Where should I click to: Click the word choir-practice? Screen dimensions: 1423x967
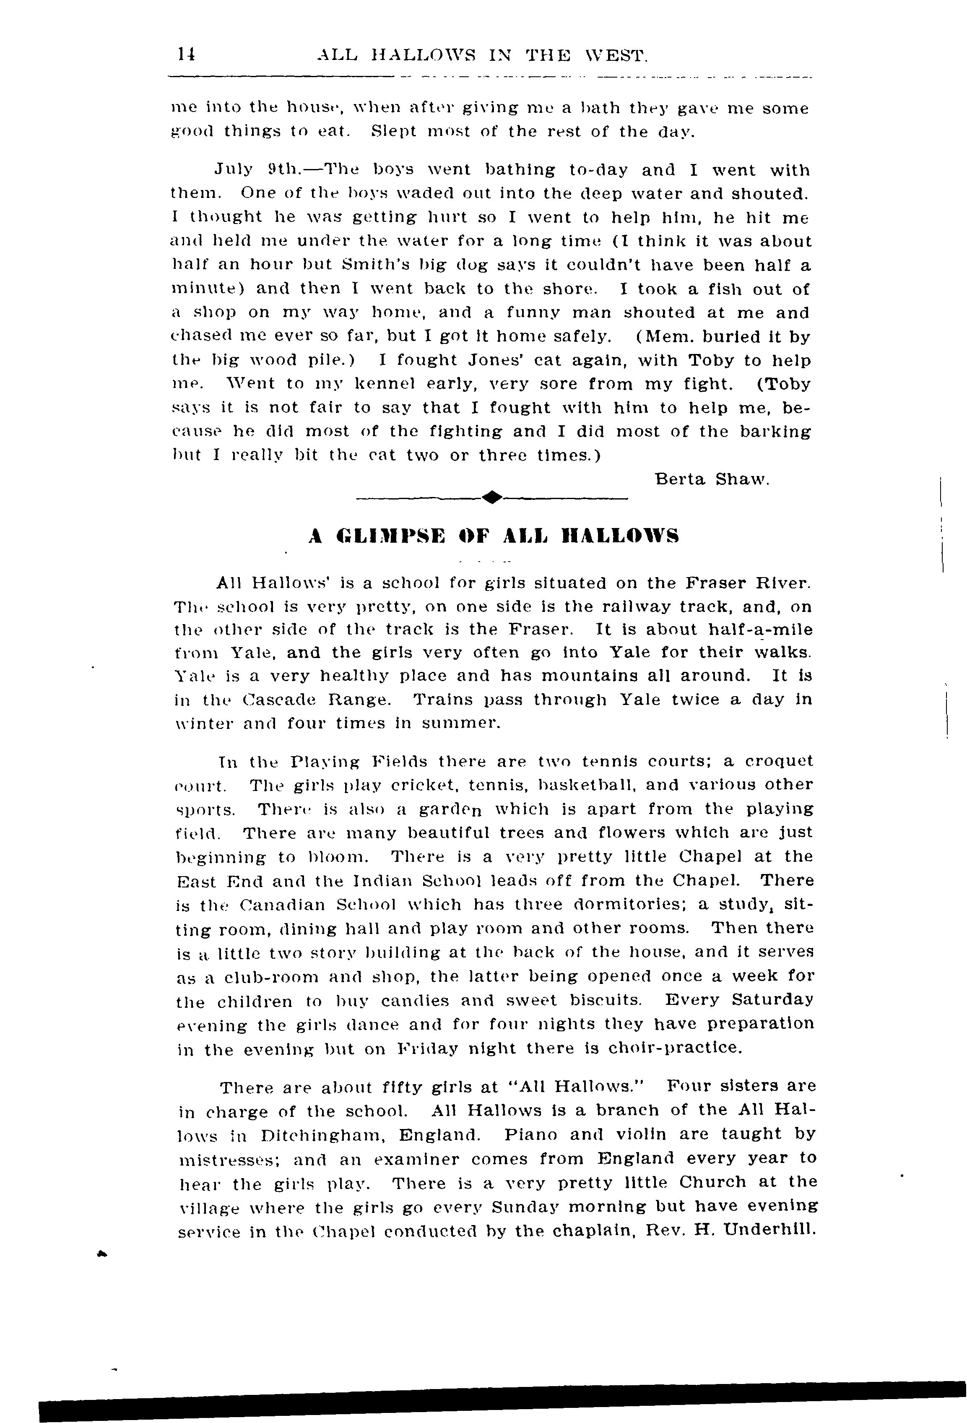click(x=675, y=1048)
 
